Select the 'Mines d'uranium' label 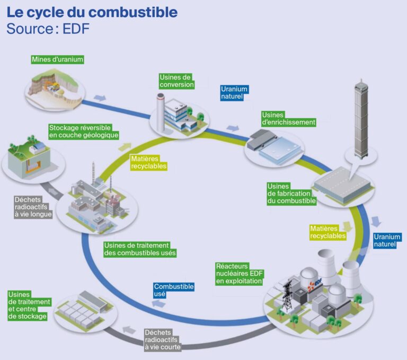point(57,59)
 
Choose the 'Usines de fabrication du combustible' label point(291,194)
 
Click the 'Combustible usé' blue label point(173,290)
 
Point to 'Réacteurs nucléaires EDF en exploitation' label point(240,274)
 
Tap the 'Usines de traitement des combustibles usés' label point(140,249)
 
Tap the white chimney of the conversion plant point(161,107)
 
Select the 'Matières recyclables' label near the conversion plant point(148,162)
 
